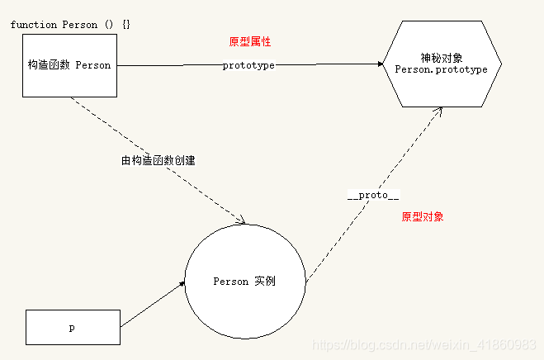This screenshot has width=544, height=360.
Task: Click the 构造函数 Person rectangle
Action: tap(69, 66)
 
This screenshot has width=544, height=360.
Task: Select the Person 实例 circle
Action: tap(244, 282)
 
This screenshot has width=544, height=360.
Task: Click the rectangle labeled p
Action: tap(73, 327)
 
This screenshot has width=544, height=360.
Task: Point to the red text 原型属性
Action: tap(249, 41)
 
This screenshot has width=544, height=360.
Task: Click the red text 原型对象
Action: tap(423, 217)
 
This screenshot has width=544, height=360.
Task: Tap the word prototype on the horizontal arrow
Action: tap(248, 65)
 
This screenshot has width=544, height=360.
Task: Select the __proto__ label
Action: tap(373, 195)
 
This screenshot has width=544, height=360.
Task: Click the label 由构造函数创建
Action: tap(158, 160)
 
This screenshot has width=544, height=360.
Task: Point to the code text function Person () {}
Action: tap(70, 24)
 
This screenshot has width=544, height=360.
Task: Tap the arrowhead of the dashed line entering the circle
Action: tap(242, 221)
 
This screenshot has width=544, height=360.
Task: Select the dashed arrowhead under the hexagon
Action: tap(436, 111)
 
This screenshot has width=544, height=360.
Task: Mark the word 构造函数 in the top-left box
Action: tap(50, 66)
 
